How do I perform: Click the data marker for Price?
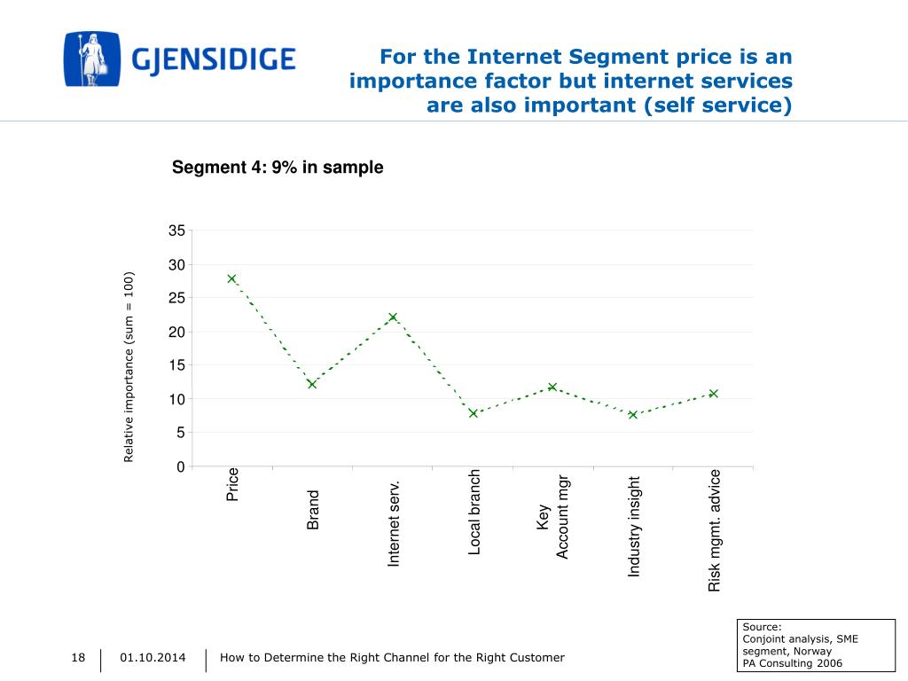click(x=231, y=278)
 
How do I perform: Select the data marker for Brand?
click(x=312, y=384)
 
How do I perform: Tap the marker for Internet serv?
click(x=393, y=317)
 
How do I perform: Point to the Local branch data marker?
click(x=473, y=413)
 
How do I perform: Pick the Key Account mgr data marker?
click(x=552, y=387)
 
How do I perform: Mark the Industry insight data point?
click(x=633, y=414)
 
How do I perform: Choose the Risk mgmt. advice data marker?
click(x=713, y=393)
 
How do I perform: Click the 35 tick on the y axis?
click(x=176, y=231)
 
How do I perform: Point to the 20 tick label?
click(x=176, y=332)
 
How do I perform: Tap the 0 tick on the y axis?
click(x=181, y=466)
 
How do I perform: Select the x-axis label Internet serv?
click(x=395, y=523)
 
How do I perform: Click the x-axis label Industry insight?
click(x=634, y=527)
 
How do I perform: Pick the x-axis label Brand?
click(x=313, y=510)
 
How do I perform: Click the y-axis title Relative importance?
click(x=129, y=366)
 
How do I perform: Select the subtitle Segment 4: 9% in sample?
click(x=278, y=168)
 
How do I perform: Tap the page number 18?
click(x=78, y=657)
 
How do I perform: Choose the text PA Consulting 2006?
click(x=792, y=663)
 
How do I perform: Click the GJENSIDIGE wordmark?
click(x=214, y=60)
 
